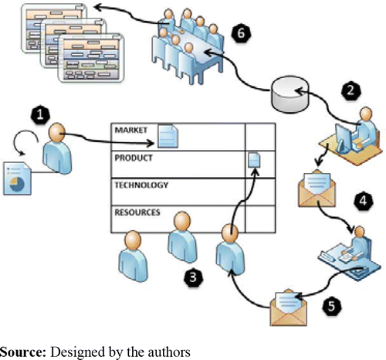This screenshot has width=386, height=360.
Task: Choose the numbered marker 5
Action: click(x=330, y=305)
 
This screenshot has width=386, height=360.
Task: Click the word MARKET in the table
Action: click(x=131, y=131)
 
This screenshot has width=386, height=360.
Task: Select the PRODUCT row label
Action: click(x=134, y=158)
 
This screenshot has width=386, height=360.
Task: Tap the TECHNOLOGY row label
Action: click(x=142, y=185)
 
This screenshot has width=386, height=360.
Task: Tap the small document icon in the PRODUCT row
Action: click(x=256, y=159)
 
